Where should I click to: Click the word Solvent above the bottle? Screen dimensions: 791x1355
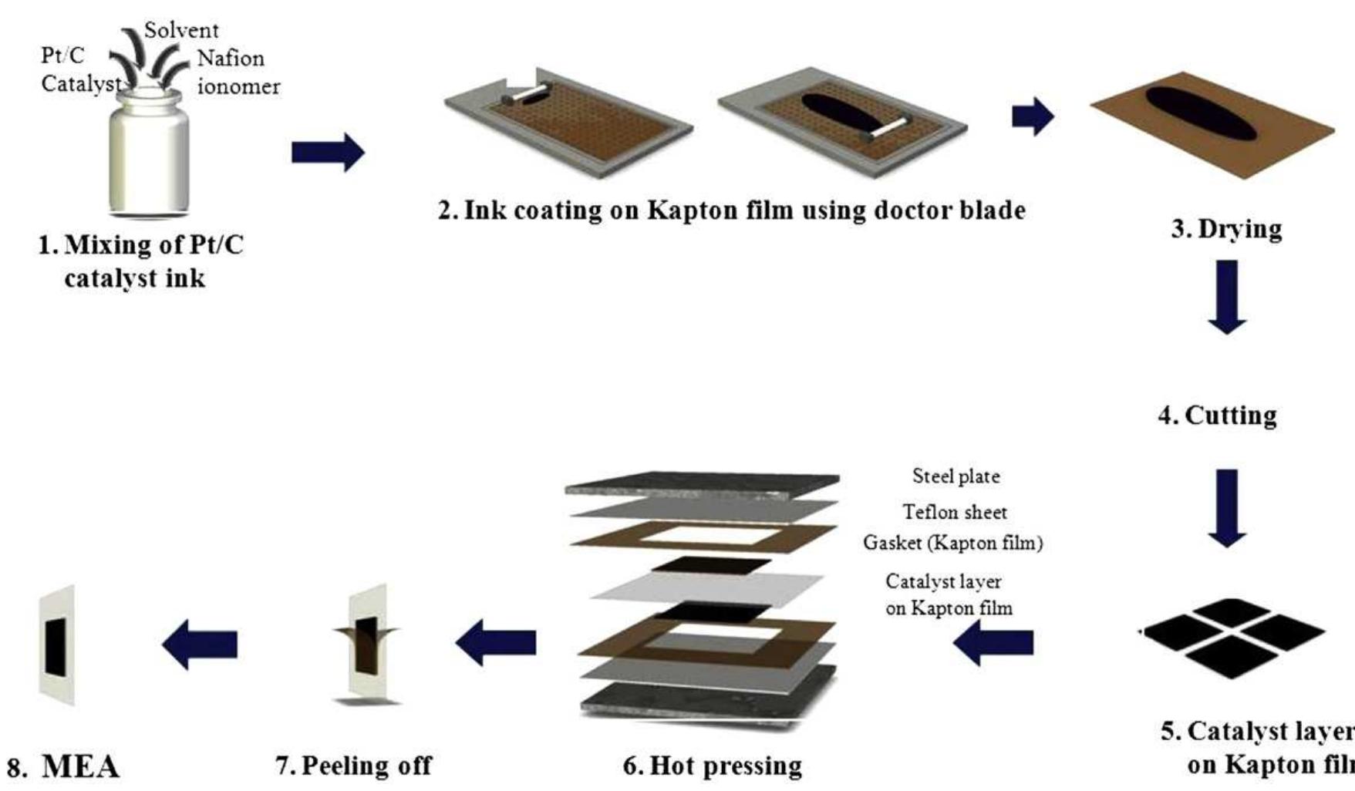coord(181,31)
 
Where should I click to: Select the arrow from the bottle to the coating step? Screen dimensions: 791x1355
coord(327,152)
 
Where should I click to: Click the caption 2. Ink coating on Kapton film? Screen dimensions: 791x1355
coord(731,210)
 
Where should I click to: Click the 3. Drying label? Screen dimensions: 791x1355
coord(1226,229)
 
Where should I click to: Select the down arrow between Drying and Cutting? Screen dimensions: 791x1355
coord(1226,296)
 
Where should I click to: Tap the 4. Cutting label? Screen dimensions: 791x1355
coord(1217,416)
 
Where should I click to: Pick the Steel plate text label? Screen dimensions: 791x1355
coord(956,476)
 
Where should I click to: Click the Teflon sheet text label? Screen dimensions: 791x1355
coord(955,512)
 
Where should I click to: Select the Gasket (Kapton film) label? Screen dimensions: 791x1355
coord(952,543)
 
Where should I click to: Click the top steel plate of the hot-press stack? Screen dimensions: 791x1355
coord(702,483)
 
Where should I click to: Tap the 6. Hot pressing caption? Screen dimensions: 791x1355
coord(712,766)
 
